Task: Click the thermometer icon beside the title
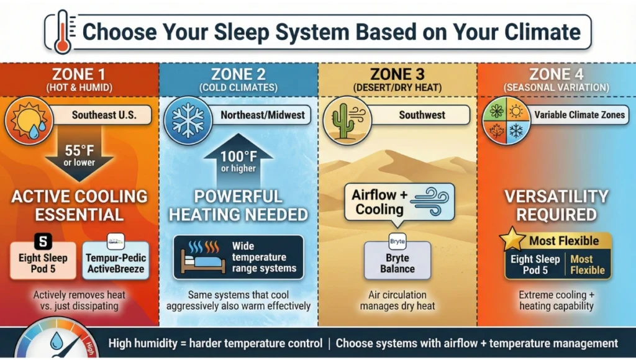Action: click(x=62, y=31)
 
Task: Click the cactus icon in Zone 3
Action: click(x=342, y=119)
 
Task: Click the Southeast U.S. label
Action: click(x=102, y=115)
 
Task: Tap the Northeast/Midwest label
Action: click(x=261, y=115)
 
